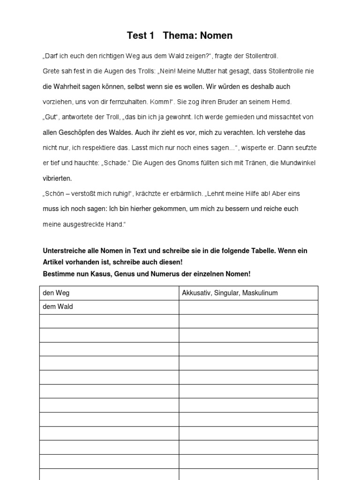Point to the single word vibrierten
click(57, 178)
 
